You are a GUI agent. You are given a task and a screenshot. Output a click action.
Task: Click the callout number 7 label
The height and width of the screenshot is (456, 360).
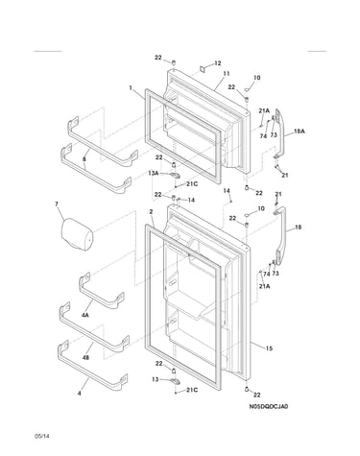coord(57,204)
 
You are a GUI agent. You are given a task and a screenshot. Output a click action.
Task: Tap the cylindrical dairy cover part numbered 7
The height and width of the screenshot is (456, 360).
coord(77,234)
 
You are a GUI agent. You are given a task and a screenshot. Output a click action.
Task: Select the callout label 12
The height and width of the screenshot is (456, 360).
coord(218,63)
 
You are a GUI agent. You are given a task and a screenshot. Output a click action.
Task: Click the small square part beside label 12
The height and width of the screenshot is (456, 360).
coord(203,68)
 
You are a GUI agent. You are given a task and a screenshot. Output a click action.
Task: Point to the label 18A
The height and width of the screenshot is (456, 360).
coord(299,132)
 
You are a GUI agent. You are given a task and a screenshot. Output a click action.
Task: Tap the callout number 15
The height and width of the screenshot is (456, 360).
coord(269,348)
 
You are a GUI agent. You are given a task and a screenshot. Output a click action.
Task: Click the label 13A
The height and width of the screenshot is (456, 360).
coord(154,173)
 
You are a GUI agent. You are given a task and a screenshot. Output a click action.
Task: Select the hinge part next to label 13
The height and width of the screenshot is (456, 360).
coord(175,380)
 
